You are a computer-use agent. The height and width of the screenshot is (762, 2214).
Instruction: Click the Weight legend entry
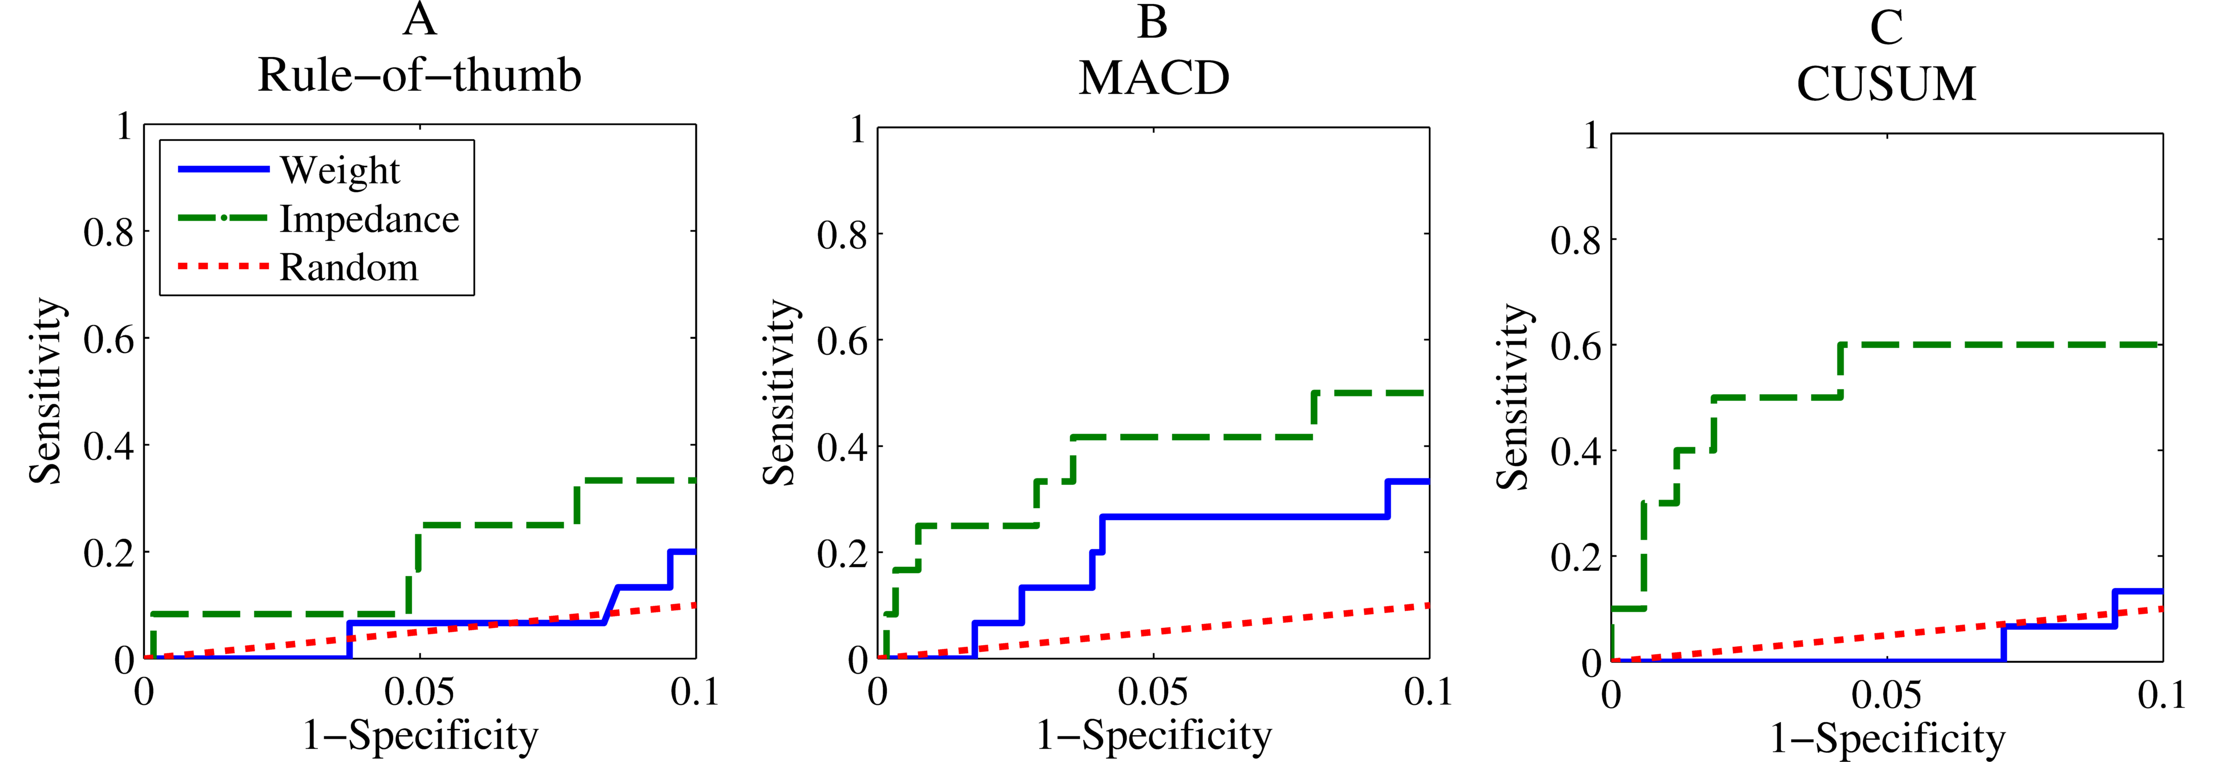click(340, 170)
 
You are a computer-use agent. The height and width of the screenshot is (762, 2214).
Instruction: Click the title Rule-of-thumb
click(419, 76)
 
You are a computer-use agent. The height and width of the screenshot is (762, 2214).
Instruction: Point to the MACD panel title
click(1153, 78)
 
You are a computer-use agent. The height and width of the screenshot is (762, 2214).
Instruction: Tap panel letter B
click(1153, 22)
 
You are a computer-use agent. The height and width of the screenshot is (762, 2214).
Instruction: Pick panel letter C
click(1886, 27)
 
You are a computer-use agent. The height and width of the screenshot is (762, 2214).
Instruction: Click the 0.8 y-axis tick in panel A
click(109, 232)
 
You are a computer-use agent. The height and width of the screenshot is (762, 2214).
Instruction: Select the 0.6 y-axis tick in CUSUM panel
click(1575, 346)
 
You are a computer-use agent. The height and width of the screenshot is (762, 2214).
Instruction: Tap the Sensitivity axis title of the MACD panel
click(779, 392)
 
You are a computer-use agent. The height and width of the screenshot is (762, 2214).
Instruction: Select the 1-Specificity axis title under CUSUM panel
click(1886, 738)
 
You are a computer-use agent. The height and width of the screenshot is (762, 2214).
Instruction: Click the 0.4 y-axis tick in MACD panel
click(842, 448)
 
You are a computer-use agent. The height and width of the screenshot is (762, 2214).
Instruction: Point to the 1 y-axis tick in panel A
click(124, 126)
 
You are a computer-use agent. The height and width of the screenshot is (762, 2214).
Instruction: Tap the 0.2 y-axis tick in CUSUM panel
click(1575, 558)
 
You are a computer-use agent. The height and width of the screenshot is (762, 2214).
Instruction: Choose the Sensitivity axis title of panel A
click(46, 391)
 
